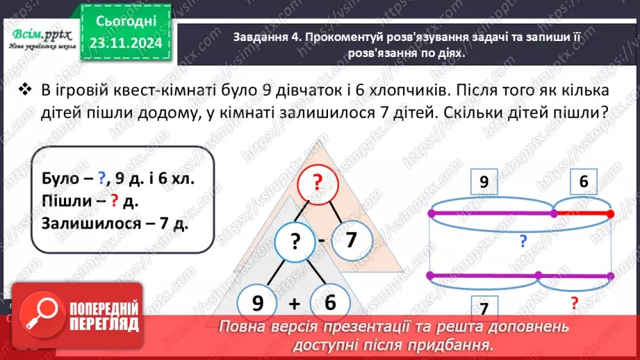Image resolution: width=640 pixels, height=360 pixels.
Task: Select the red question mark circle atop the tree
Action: point(317,183)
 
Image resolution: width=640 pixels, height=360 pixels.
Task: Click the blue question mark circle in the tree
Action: point(296,242)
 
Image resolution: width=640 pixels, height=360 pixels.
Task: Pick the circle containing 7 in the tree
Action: point(350,240)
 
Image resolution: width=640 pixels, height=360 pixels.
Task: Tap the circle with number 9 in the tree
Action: point(258,303)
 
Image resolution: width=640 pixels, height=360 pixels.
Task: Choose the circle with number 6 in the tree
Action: point(329,303)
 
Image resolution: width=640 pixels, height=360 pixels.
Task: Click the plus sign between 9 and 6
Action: point(293,304)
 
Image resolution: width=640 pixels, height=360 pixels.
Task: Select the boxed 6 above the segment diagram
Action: point(582,183)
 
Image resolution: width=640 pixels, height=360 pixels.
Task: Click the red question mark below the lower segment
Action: point(574,303)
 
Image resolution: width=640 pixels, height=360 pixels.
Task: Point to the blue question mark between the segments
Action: point(522,241)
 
